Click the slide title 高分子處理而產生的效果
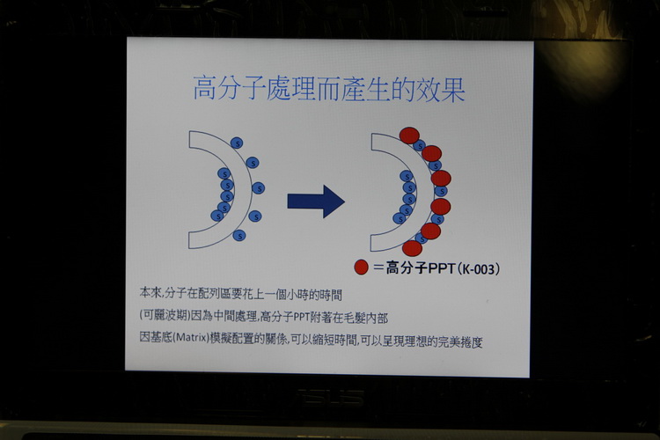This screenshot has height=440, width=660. [329, 89]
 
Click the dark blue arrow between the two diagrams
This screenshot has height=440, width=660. [316, 202]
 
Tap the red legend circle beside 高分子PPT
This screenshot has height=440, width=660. [361, 267]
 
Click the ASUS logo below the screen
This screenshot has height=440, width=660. [330, 397]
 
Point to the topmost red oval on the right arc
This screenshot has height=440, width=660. [409, 136]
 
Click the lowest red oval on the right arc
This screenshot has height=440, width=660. [412, 248]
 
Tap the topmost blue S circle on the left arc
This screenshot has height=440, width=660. [237, 143]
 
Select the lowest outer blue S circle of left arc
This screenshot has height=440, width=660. [239, 235]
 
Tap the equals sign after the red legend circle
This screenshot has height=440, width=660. [378, 268]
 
